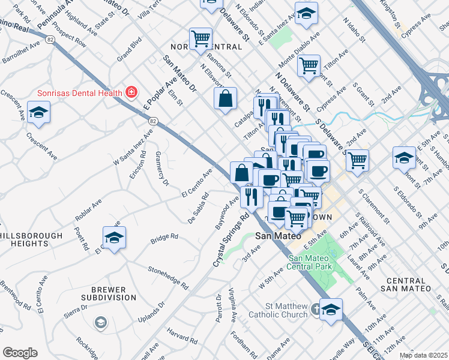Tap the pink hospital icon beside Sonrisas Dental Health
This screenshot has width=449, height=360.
tap(131, 92)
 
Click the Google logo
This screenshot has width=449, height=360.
tap(20, 353)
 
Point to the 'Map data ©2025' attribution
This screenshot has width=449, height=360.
tap(424, 355)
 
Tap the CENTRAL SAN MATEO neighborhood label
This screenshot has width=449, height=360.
tap(406, 284)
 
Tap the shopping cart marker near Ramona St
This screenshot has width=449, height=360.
tap(200, 39)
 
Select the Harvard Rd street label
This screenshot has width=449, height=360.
tap(178, 333)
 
